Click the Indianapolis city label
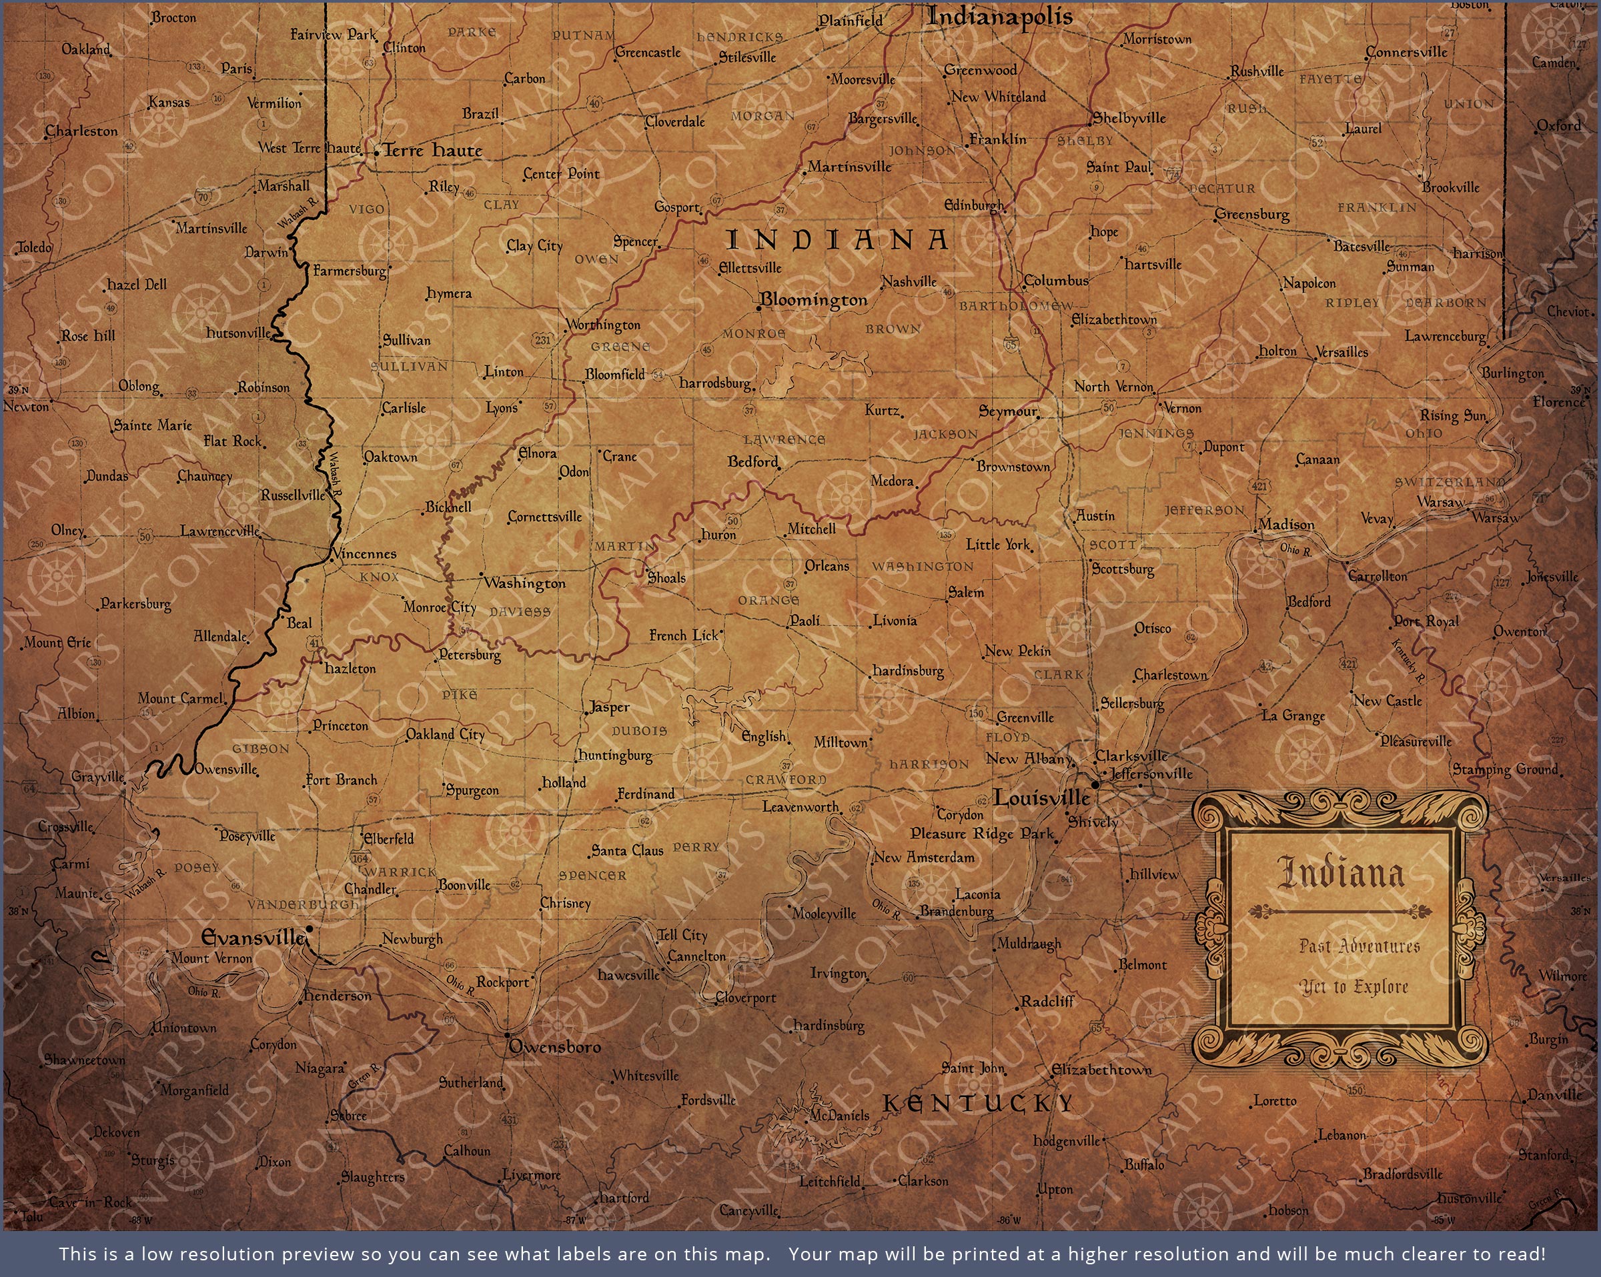pyautogui.click(x=999, y=16)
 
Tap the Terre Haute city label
pyautogui.click(x=432, y=151)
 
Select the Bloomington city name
pyautogui.click(x=813, y=300)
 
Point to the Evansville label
pyautogui.click(x=253, y=938)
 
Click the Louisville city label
pyautogui.click(x=1042, y=799)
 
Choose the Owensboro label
pyautogui.click(x=555, y=1047)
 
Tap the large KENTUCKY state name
pyautogui.click(x=978, y=1104)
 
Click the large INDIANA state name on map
pyautogui.click(x=837, y=240)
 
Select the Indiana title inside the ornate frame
pyautogui.click(x=1340, y=874)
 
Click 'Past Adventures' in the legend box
pyautogui.click(x=1359, y=946)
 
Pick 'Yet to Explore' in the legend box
pyautogui.click(x=1354, y=987)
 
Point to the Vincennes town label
pyautogui.click(x=364, y=554)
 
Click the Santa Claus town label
pyautogui.click(x=628, y=851)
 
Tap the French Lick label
pyautogui.click(x=684, y=635)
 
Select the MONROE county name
pyautogui.click(x=754, y=334)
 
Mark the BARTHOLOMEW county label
pyautogui.click(x=1016, y=306)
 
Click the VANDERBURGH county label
pyautogui.click(x=303, y=904)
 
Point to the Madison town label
pyautogui.click(x=1286, y=525)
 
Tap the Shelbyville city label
pyautogui.click(x=1129, y=118)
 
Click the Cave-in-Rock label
pyautogui.click(x=90, y=1202)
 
